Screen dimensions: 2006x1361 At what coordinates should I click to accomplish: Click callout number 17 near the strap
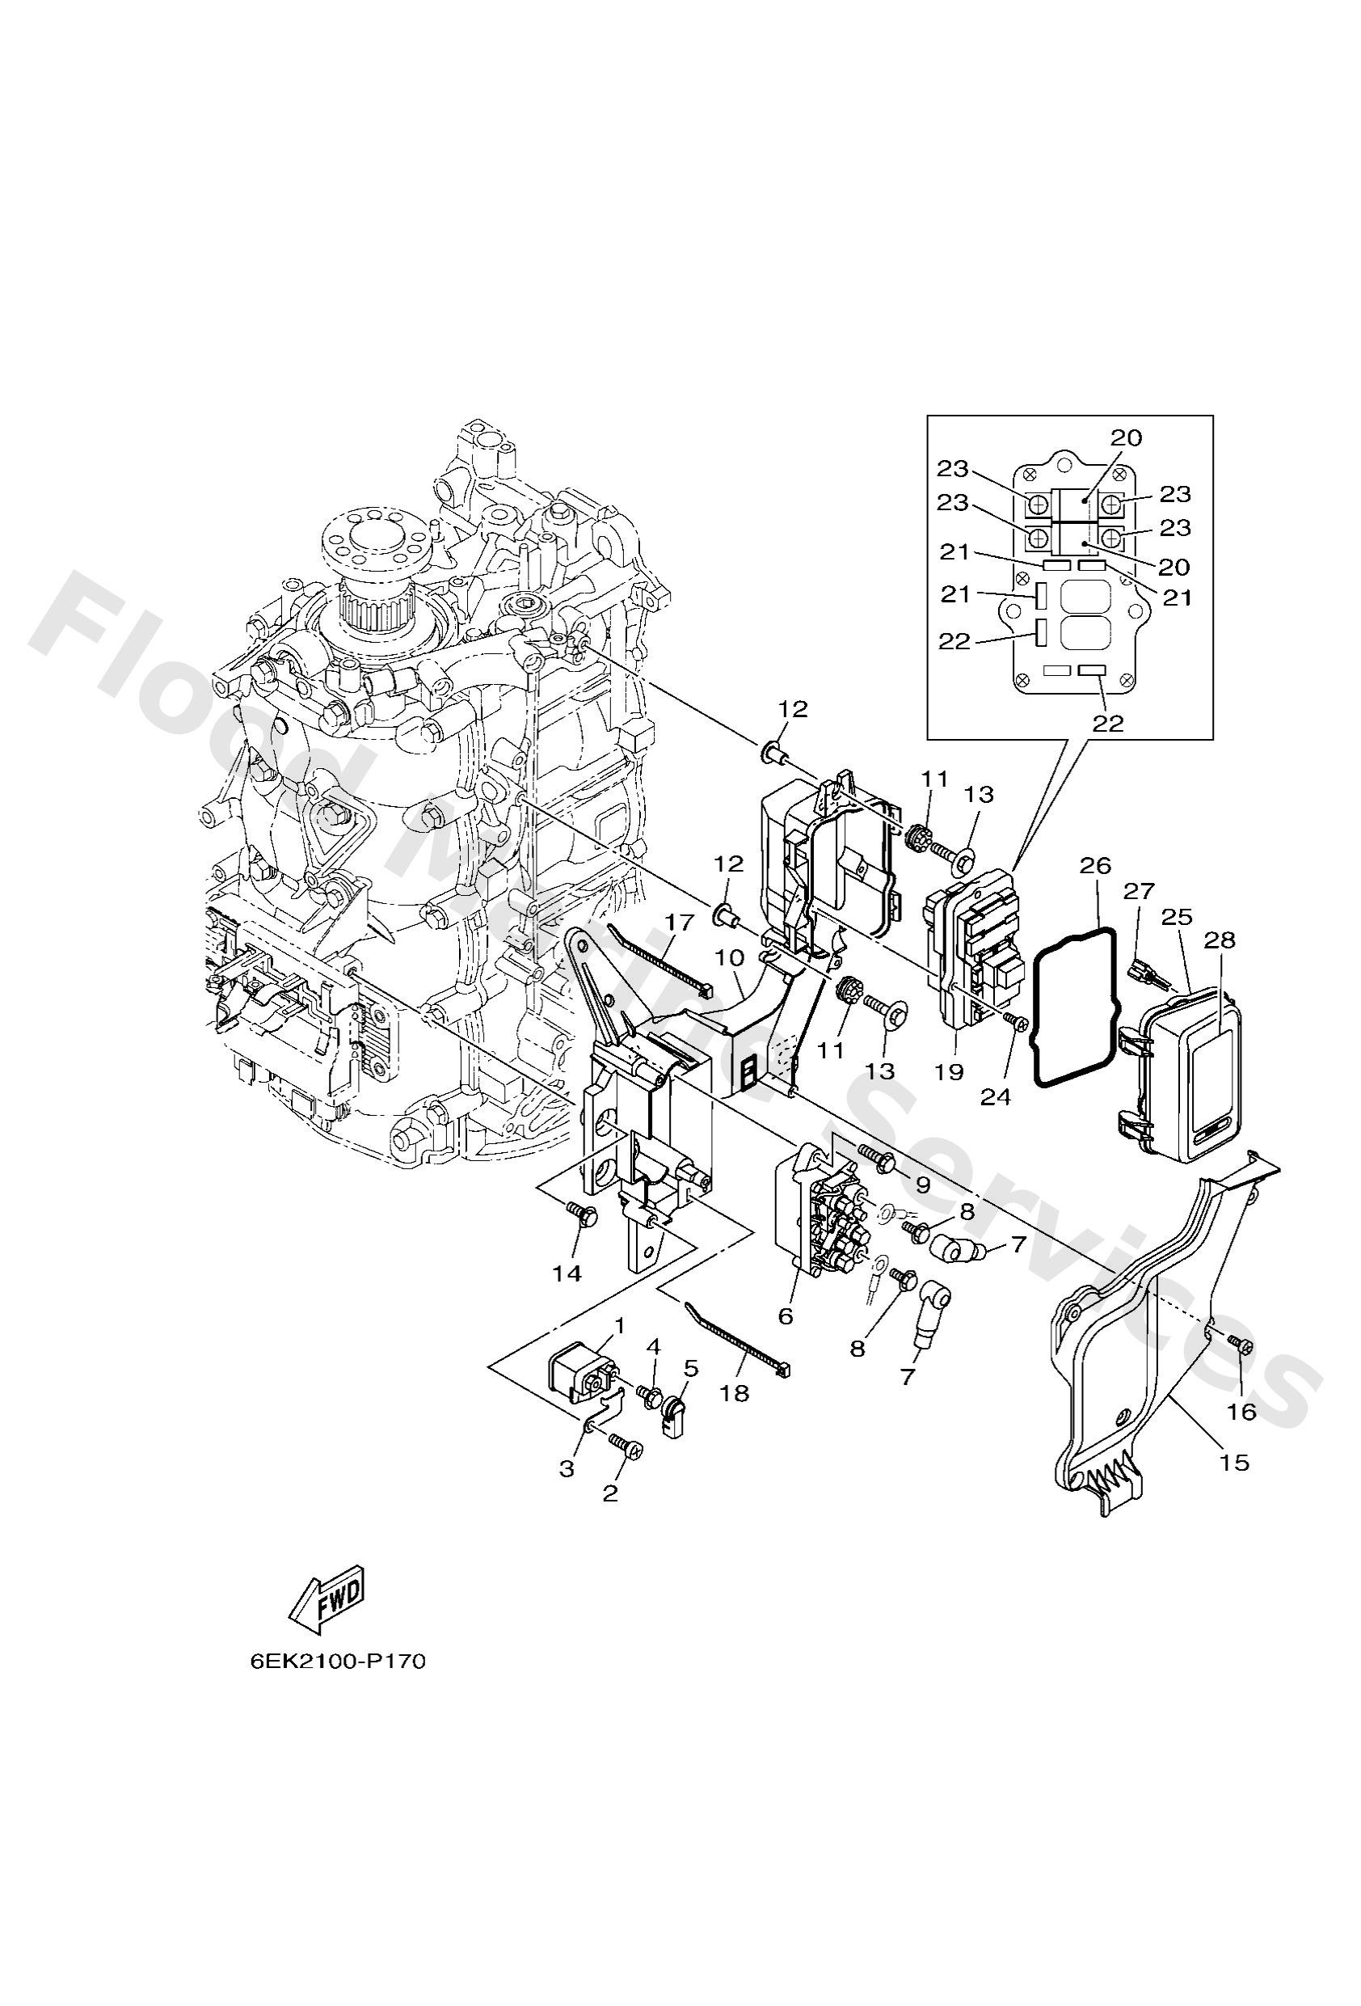click(679, 922)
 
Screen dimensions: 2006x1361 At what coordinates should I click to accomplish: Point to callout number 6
click(785, 1316)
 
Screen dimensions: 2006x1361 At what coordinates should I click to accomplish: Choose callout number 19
click(947, 1072)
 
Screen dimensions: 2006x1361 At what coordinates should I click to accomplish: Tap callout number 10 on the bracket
click(729, 957)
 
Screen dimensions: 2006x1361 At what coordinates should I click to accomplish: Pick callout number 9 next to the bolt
click(921, 1185)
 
